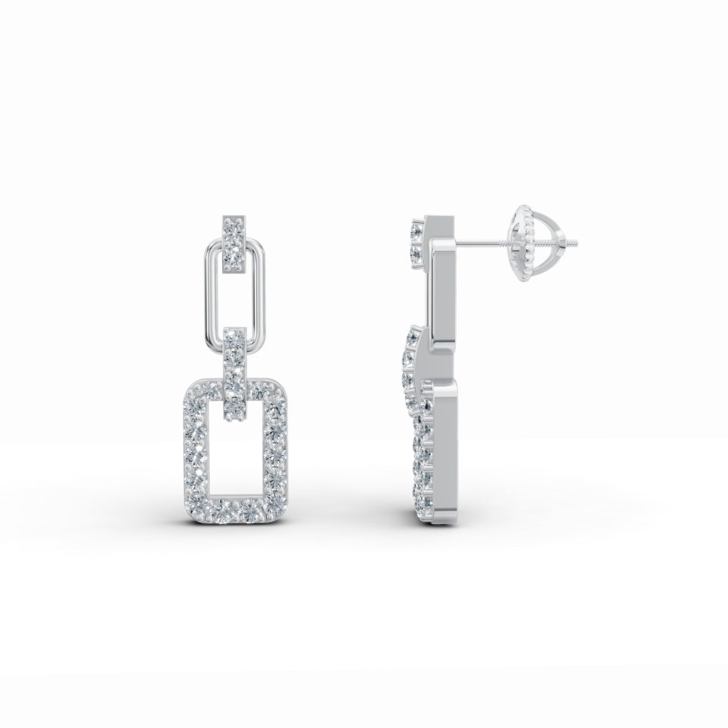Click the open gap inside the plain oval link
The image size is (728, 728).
pyautogui.click(x=234, y=300)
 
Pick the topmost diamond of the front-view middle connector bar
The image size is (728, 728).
pyautogui.click(x=234, y=337)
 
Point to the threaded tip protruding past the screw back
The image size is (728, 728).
pyautogui.click(x=577, y=243)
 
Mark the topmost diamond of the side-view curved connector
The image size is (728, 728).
pyautogui.click(x=414, y=334)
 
